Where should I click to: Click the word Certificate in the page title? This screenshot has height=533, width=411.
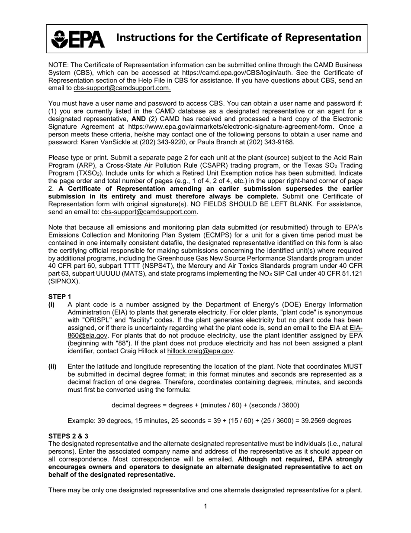coord(223,38)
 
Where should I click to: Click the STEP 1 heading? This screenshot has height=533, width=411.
coord(59,296)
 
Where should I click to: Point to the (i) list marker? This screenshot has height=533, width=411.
coord(51,304)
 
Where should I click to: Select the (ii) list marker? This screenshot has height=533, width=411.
coord(52,367)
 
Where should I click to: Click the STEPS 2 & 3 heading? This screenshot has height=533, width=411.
coord(68,436)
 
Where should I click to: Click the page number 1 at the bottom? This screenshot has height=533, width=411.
coord(205,506)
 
